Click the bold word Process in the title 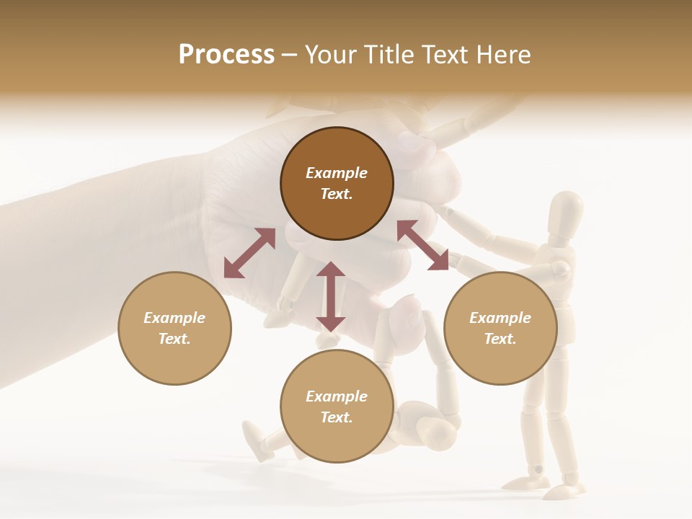point(226,55)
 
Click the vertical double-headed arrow point(330,296)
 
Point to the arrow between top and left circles point(249,253)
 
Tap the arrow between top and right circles point(422,245)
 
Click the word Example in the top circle point(337,173)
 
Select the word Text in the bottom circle point(337,417)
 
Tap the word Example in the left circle point(174,318)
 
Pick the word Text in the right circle point(500,339)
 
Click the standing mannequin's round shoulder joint point(559,270)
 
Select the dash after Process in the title point(290,55)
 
